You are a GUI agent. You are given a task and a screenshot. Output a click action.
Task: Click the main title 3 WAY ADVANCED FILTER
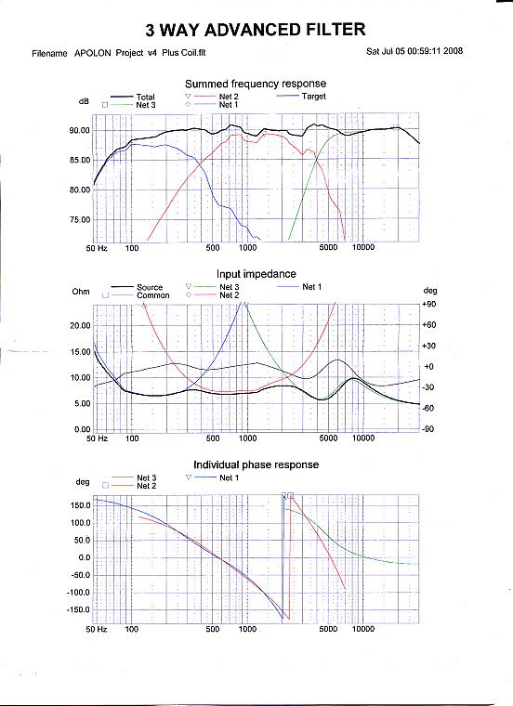256,30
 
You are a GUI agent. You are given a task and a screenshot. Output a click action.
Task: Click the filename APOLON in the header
92,53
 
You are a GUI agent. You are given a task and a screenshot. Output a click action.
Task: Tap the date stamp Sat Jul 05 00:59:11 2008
414,51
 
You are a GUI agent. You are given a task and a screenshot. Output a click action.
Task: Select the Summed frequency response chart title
256,84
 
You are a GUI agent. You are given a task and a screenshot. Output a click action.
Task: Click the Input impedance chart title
256,274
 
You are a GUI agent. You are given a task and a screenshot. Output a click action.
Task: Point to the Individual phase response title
256,464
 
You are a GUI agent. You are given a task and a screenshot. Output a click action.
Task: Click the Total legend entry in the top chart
145,97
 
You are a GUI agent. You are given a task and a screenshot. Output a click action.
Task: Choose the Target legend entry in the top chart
313,97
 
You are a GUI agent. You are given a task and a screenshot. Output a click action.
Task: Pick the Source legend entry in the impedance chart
150,287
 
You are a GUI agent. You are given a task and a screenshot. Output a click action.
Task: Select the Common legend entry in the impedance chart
152,295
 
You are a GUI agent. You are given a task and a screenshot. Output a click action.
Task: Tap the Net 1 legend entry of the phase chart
229,477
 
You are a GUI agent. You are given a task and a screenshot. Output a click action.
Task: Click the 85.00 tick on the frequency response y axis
79,161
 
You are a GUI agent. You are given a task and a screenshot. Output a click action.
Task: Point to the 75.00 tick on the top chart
79,220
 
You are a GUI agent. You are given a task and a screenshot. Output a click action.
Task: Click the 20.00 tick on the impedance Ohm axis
80,325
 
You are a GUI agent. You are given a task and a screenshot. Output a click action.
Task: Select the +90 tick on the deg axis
428,304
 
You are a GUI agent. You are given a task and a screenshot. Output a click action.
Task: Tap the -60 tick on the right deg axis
428,409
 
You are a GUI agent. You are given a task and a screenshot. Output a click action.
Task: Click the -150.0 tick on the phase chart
78,610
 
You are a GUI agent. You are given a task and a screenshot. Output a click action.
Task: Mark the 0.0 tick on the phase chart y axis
85,558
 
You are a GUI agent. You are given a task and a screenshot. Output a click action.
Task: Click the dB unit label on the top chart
84,102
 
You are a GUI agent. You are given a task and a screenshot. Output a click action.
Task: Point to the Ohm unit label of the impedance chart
81,292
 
